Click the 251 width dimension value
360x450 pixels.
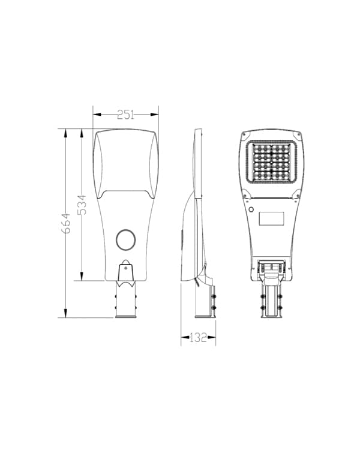125,115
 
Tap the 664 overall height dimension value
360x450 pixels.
66,223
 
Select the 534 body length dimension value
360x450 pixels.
82,205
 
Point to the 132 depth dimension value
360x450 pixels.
198,337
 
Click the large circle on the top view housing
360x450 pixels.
125,240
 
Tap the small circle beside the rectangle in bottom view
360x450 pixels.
251,209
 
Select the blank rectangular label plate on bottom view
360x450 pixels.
272,218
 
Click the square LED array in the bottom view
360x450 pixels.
271,162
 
